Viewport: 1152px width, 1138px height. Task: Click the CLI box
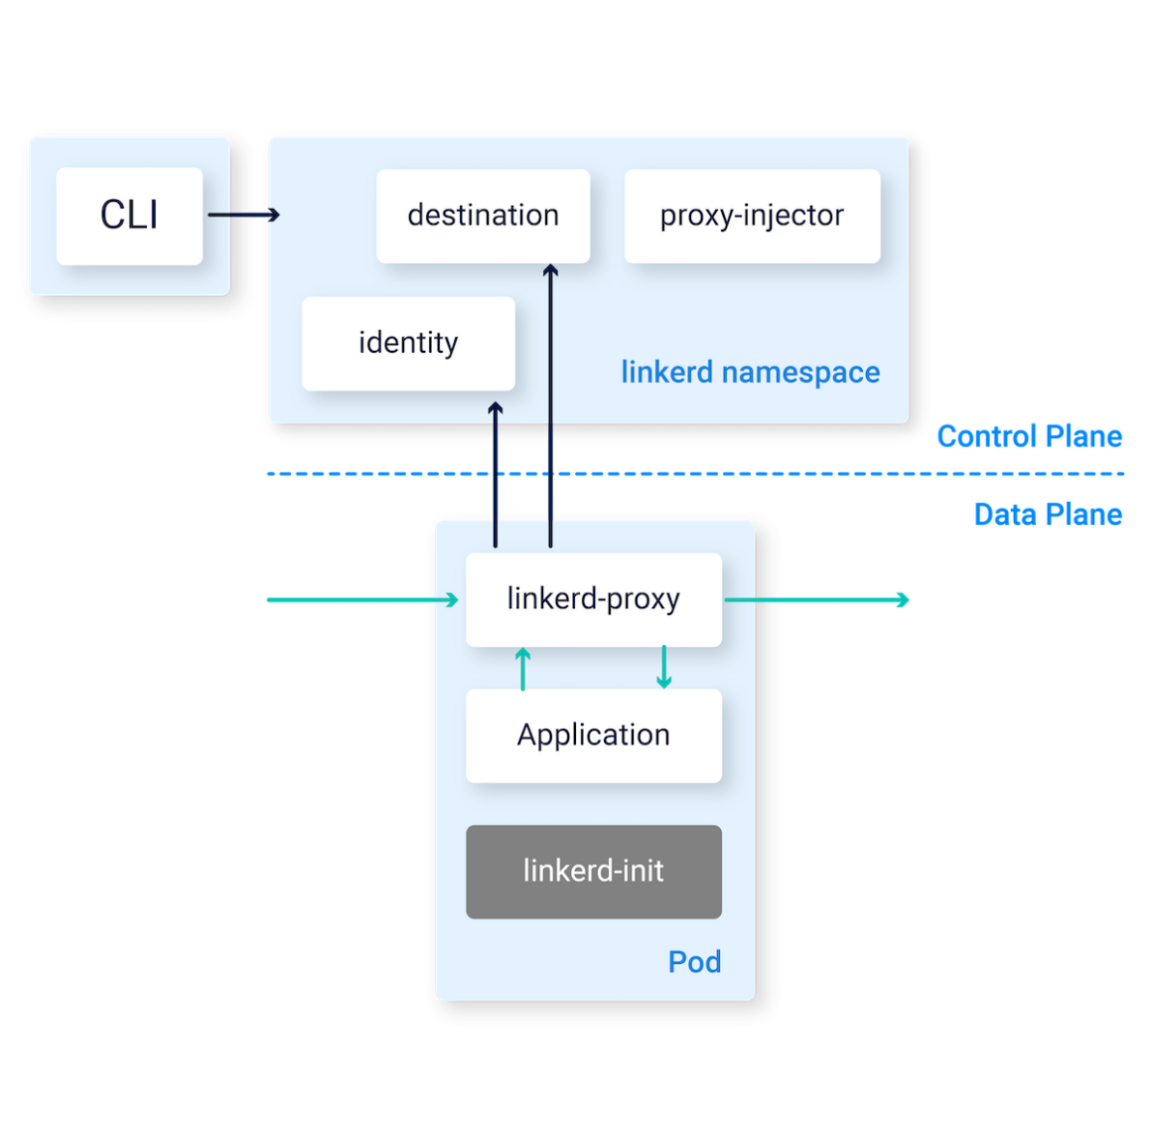(x=129, y=216)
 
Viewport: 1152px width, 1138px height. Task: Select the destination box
(x=483, y=216)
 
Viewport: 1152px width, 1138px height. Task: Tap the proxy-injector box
(x=752, y=216)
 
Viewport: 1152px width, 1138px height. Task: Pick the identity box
(x=408, y=343)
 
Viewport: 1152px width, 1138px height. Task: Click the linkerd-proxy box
(x=593, y=599)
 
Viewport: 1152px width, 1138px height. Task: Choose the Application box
(x=593, y=735)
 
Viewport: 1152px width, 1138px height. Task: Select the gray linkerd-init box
(x=593, y=872)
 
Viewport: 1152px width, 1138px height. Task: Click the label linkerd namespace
(x=750, y=373)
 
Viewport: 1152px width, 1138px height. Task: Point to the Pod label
(x=694, y=962)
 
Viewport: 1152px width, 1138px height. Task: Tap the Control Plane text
(x=1029, y=436)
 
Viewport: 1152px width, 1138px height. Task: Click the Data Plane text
(x=1048, y=514)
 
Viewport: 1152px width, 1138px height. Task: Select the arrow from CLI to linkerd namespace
(x=243, y=215)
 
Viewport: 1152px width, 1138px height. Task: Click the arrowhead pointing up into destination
(x=550, y=270)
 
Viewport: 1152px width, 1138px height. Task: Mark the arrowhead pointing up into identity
(x=496, y=408)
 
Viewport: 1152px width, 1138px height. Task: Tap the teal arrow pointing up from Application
(x=523, y=669)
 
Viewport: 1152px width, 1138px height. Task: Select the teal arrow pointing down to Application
(x=664, y=668)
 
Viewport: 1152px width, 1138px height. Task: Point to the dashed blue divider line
(x=695, y=474)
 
